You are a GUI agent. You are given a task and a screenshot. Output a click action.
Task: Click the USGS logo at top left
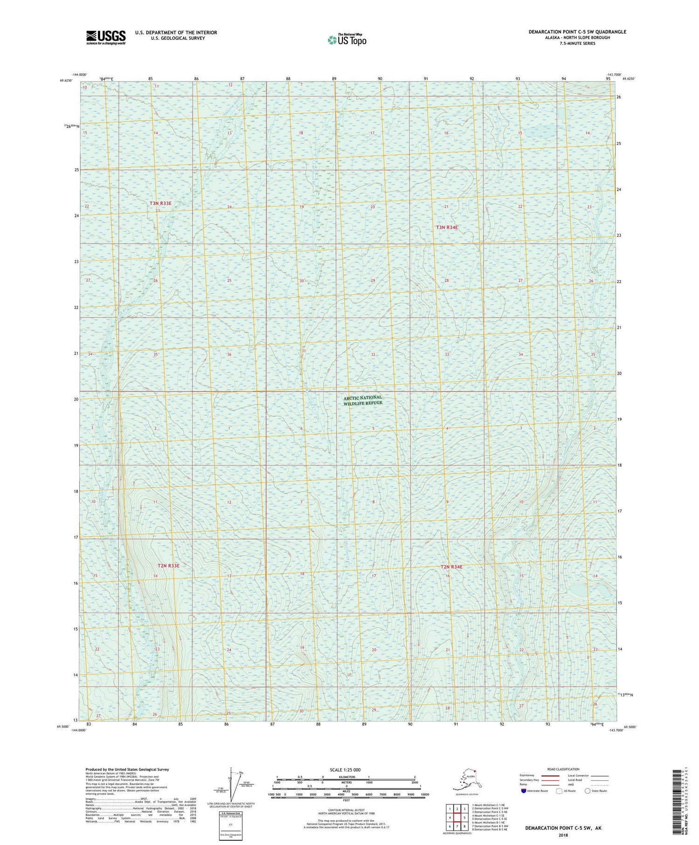[x=106, y=37]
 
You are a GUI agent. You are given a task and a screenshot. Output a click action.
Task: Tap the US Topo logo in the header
[x=347, y=40]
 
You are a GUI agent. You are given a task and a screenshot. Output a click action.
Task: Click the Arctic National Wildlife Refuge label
[x=363, y=400]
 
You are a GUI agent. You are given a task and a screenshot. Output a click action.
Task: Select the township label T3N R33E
[x=160, y=203]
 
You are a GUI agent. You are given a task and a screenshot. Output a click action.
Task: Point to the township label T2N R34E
[x=452, y=567]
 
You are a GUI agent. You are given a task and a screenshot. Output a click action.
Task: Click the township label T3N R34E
[x=447, y=227]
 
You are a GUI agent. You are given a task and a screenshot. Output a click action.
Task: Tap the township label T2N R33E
[x=168, y=565]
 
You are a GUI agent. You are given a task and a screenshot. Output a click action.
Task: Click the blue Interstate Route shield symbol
[x=524, y=791]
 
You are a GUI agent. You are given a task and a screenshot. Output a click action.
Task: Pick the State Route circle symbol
[x=587, y=791]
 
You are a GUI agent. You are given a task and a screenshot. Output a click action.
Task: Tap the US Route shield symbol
[x=559, y=791]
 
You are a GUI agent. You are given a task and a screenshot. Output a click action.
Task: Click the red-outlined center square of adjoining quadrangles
[x=457, y=817]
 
